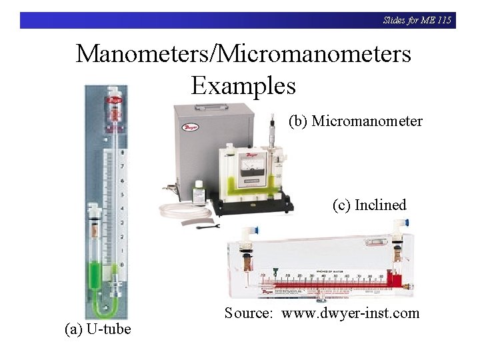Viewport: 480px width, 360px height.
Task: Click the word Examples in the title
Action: [243, 85]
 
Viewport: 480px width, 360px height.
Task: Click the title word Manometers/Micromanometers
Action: [243, 53]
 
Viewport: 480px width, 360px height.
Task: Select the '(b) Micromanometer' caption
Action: [355, 121]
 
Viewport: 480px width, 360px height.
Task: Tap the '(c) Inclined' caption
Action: [369, 205]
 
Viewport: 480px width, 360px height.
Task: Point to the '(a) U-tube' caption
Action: [97, 329]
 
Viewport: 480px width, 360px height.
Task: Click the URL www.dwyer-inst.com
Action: [351, 313]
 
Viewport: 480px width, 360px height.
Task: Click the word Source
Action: [248, 313]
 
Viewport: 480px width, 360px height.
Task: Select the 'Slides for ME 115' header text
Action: [417, 20]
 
